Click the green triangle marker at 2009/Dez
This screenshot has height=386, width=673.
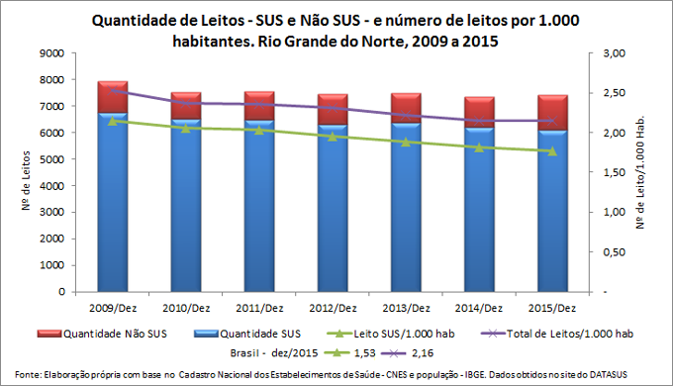point(113,121)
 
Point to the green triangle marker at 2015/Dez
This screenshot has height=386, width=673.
point(552,151)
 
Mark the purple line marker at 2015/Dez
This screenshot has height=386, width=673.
point(552,121)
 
